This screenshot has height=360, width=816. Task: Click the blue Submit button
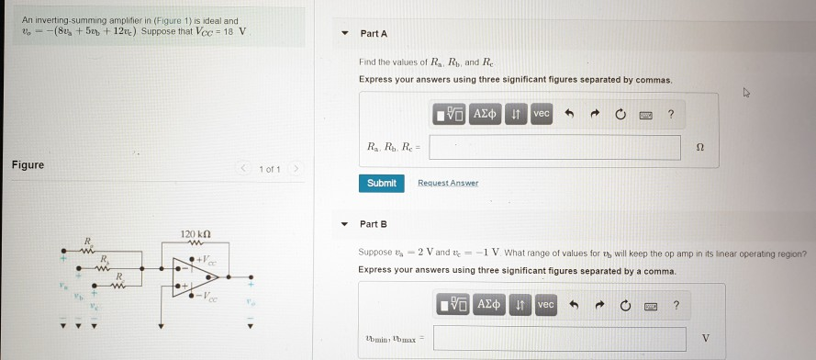(381, 183)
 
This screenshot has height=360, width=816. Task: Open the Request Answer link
(448, 183)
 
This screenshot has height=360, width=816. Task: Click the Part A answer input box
(554, 147)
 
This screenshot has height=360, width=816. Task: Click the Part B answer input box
(559, 339)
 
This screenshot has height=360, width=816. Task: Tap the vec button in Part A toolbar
(541, 114)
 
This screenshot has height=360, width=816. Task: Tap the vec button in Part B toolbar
(545, 304)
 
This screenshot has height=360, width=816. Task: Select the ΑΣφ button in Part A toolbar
(484, 114)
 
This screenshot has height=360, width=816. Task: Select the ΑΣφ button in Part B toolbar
(488, 304)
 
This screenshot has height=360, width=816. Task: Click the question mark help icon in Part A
(671, 114)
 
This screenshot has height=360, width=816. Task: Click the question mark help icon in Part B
(676, 304)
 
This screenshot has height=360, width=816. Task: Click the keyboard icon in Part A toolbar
(645, 114)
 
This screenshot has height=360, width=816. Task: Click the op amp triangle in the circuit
(189, 276)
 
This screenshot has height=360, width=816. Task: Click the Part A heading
(374, 34)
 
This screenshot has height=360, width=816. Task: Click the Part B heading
(374, 224)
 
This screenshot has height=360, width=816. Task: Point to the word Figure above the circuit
(28, 165)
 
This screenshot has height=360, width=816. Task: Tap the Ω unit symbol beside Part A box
(701, 147)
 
